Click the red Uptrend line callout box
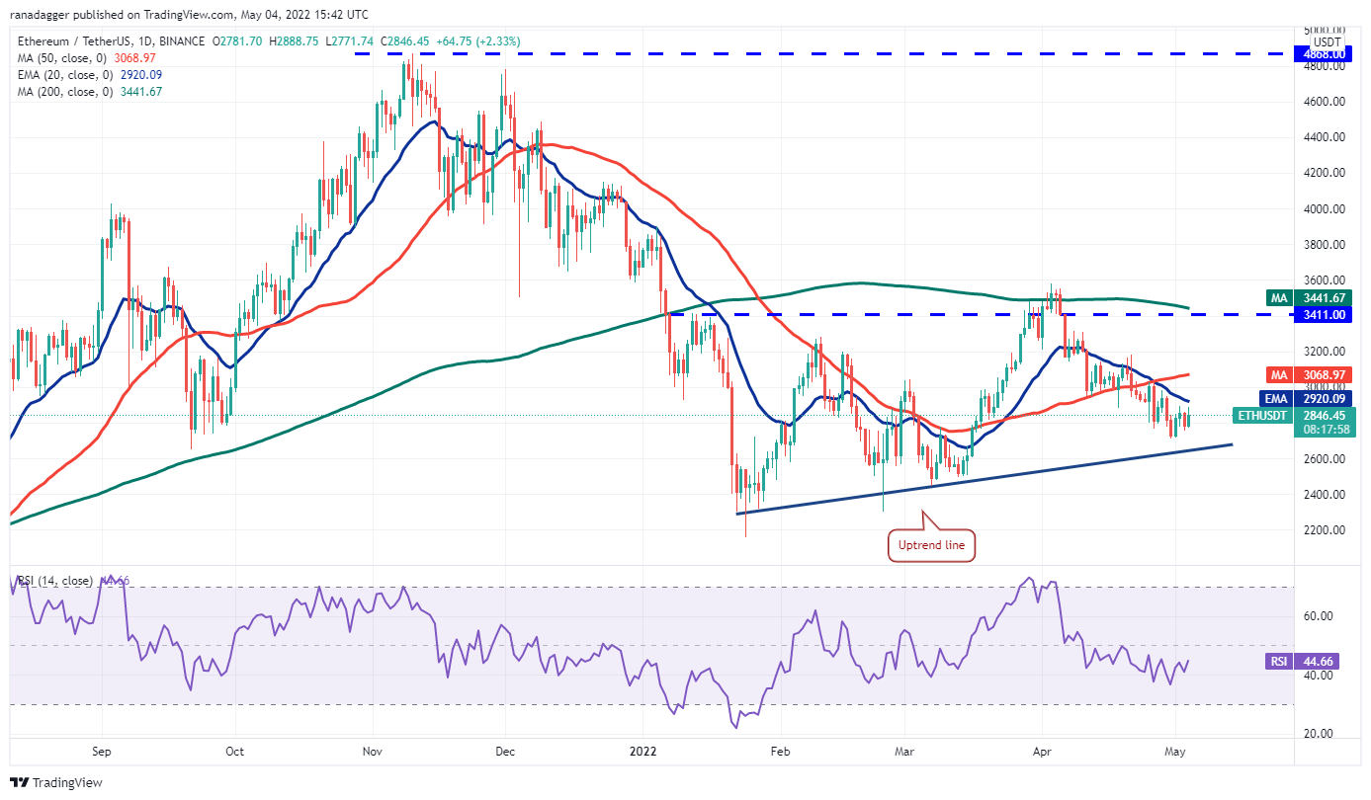click(932, 544)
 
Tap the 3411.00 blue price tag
click(1323, 314)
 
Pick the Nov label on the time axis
click(372, 751)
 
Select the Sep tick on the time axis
click(102, 751)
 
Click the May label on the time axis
click(1173, 751)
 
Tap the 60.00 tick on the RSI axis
click(1321, 615)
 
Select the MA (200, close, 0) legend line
click(90, 92)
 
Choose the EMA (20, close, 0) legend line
click(90, 74)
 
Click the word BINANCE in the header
click(179, 41)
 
